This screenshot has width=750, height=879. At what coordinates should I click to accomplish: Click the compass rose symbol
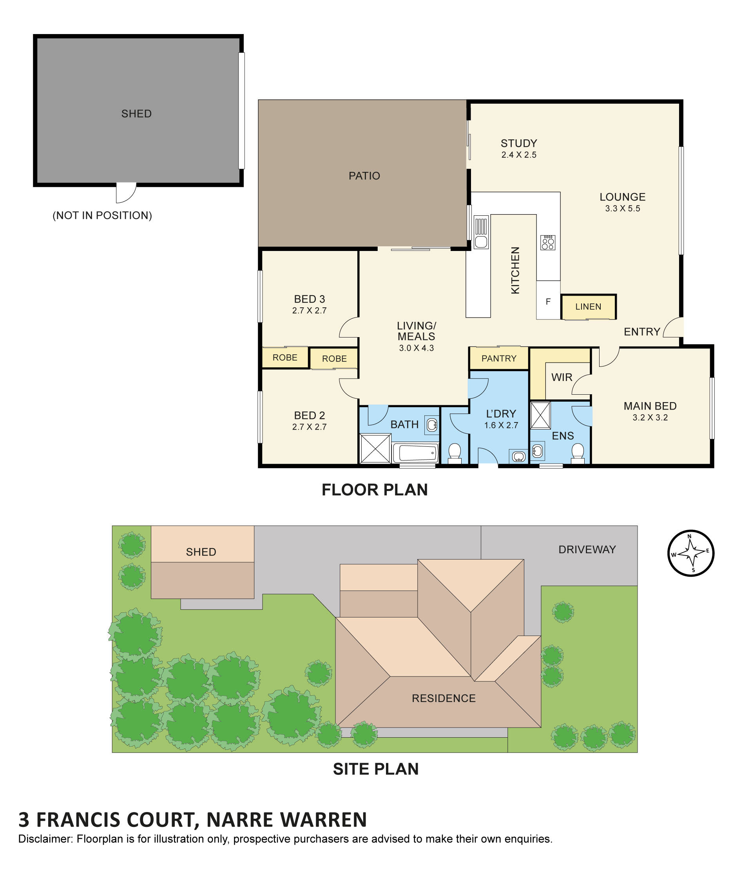pyautogui.click(x=690, y=553)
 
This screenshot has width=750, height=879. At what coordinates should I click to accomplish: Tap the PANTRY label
pyautogui.click(x=498, y=359)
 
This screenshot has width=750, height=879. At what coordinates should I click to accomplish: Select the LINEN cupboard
pyautogui.click(x=588, y=307)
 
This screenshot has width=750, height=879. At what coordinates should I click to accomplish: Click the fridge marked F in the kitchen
pyautogui.click(x=548, y=301)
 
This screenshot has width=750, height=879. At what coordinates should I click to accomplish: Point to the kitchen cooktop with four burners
pyautogui.click(x=547, y=242)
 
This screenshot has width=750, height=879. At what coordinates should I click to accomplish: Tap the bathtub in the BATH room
pyautogui.click(x=415, y=453)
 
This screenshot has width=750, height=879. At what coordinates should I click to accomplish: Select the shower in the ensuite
pyautogui.click(x=540, y=415)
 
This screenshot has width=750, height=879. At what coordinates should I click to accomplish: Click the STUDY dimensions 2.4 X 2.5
pyautogui.click(x=519, y=155)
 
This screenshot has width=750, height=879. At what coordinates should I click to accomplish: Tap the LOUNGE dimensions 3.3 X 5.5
pyautogui.click(x=622, y=208)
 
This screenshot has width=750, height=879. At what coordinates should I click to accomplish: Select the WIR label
pyautogui.click(x=562, y=377)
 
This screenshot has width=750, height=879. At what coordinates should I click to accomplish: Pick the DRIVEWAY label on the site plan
pyautogui.click(x=587, y=549)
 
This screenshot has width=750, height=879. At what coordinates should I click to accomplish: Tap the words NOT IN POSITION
pyautogui.click(x=102, y=215)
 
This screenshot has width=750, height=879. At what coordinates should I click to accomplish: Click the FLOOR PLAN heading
pyautogui.click(x=374, y=489)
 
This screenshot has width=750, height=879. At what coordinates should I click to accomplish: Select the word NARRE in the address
pyautogui.click(x=239, y=819)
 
